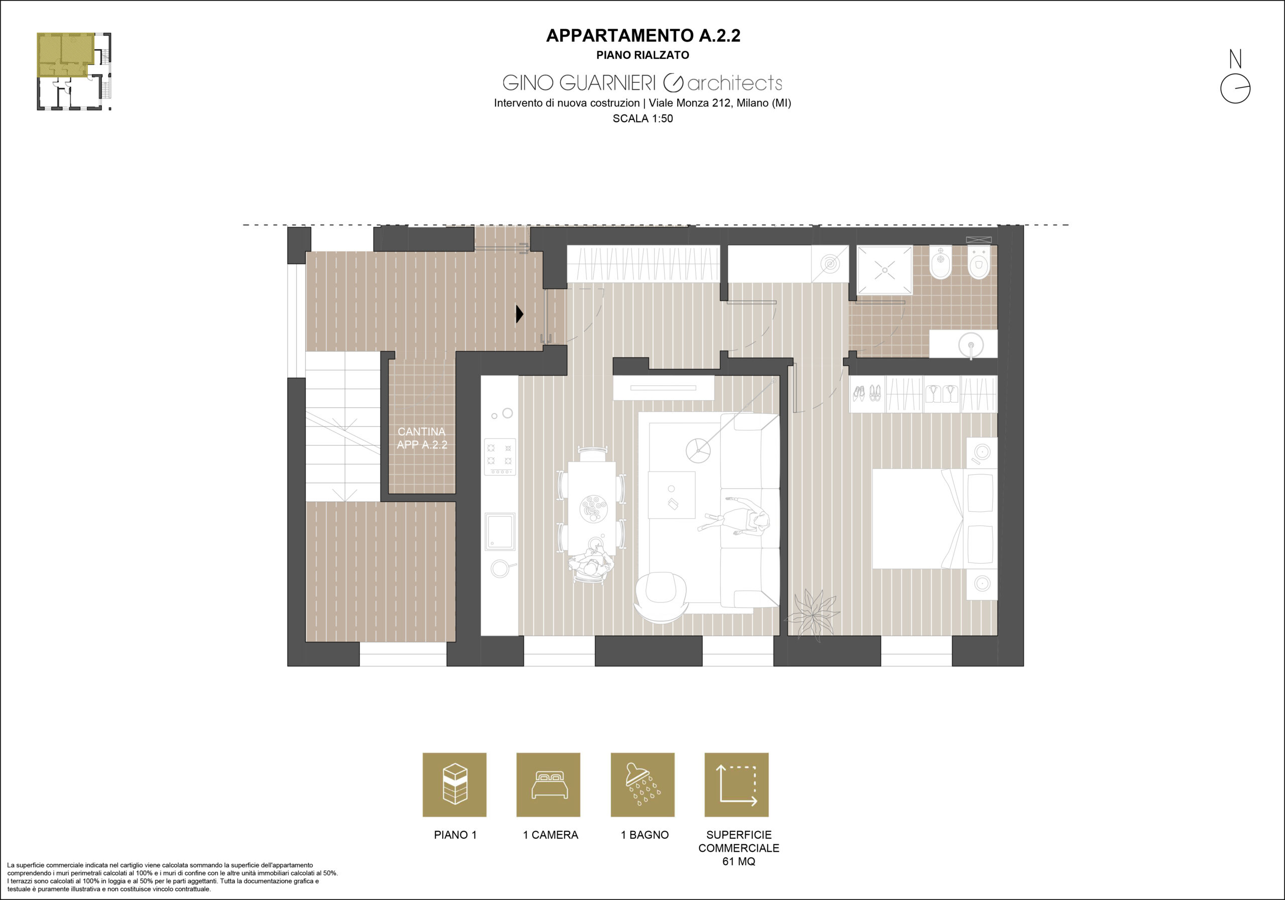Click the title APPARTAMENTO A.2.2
(x=643, y=35)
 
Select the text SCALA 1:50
(x=642, y=119)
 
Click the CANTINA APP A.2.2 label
(x=422, y=438)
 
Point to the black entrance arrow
(x=520, y=313)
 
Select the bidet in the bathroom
(x=941, y=263)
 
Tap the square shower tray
(x=884, y=270)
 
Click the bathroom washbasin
(x=971, y=344)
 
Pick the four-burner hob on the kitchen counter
(x=500, y=457)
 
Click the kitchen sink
(x=500, y=531)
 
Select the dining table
(x=592, y=508)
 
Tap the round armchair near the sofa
(x=661, y=597)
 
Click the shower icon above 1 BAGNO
(x=642, y=784)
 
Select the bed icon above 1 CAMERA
(x=549, y=784)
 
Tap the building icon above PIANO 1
(x=454, y=784)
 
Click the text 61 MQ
(x=739, y=862)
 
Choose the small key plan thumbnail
(x=74, y=71)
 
